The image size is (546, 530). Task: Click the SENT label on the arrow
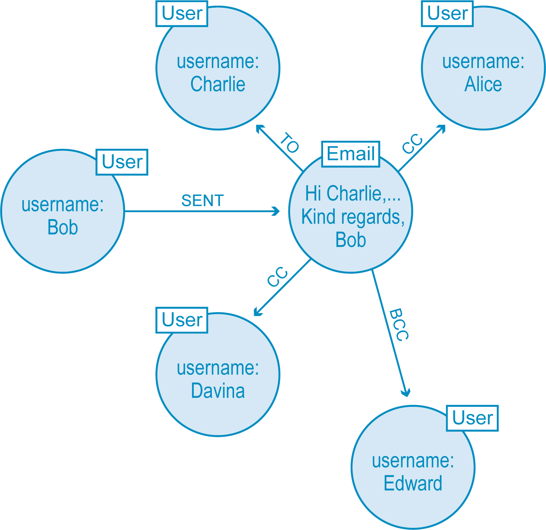click(x=202, y=201)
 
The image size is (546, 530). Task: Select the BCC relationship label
click(x=399, y=325)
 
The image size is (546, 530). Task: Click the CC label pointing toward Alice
click(x=412, y=144)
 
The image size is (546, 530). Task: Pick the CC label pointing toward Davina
click(x=277, y=277)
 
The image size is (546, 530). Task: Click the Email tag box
click(x=350, y=154)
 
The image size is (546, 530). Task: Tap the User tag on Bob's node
click(x=122, y=162)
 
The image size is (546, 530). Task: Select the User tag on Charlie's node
click(x=182, y=13)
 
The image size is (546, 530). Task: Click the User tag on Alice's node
click(x=447, y=13)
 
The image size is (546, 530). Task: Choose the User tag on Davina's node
click(x=182, y=320)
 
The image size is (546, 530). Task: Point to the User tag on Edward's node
click(x=472, y=418)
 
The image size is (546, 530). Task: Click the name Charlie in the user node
click(x=218, y=84)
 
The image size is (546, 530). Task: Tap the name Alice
click(x=483, y=84)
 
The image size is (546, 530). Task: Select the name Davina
click(x=218, y=391)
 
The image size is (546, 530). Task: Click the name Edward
click(x=413, y=483)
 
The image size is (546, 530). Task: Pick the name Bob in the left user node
click(x=62, y=227)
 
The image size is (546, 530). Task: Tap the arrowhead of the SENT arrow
click(x=276, y=211)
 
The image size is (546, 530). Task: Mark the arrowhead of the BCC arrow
click(x=406, y=392)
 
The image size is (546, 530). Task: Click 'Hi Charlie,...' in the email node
click(x=353, y=193)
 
